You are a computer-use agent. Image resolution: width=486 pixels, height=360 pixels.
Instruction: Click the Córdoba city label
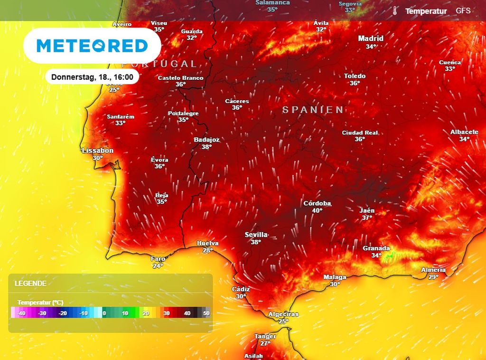pyautogui.click(x=317, y=203)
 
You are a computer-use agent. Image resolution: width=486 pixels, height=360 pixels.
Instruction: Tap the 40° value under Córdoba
pyautogui.click(x=317, y=210)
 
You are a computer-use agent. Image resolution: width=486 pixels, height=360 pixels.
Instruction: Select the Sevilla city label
pyautogui.click(x=256, y=235)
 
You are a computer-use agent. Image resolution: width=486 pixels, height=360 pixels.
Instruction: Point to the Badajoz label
pyautogui.click(x=206, y=140)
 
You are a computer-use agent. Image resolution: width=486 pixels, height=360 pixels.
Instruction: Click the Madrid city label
pyautogui.click(x=371, y=38)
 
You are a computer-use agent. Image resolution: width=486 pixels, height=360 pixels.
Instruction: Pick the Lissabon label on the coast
pyautogui.click(x=98, y=151)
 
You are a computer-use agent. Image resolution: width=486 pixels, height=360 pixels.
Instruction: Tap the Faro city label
pyautogui.click(x=158, y=259)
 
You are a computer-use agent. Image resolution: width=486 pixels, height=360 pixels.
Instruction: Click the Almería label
pyautogui.click(x=433, y=270)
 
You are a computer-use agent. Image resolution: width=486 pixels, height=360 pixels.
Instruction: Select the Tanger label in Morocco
pyautogui.click(x=265, y=336)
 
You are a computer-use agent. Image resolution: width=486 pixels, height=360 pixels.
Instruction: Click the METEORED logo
pyautogui.click(x=92, y=46)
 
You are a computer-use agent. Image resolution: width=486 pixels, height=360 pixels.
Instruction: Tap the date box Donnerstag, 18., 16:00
pyautogui.click(x=92, y=76)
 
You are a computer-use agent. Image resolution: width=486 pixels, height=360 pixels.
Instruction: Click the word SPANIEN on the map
pyautogui.click(x=313, y=110)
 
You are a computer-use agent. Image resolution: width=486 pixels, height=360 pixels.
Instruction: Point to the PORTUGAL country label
pyautogui.click(x=159, y=64)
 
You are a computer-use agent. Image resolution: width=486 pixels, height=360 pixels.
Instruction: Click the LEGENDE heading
pyautogui.click(x=30, y=284)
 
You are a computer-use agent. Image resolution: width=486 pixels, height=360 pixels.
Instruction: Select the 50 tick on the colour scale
pyautogui.click(x=206, y=313)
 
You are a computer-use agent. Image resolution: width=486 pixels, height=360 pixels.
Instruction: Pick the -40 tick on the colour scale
pyautogui.click(x=21, y=313)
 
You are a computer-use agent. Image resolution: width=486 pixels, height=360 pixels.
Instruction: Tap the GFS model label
pyautogui.click(x=463, y=10)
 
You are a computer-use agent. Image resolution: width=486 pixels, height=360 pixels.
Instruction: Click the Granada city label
pyautogui.click(x=376, y=248)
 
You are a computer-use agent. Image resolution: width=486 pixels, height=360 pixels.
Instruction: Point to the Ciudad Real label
pyautogui.click(x=360, y=133)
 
